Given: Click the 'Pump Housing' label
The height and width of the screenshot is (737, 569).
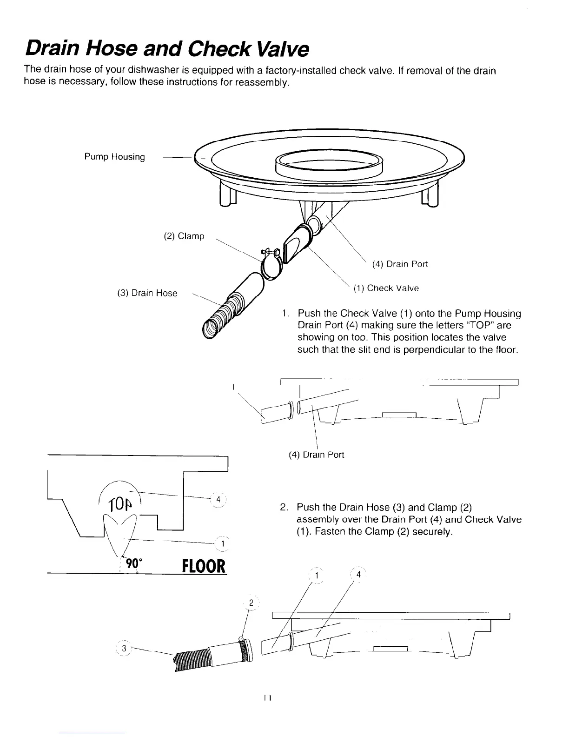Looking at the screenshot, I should [114, 157].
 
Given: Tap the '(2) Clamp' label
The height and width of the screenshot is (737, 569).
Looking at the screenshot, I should [184, 236].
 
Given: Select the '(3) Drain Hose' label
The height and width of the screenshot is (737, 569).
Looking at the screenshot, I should [146, 293].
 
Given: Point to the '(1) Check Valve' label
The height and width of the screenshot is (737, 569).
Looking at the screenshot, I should [386, 288].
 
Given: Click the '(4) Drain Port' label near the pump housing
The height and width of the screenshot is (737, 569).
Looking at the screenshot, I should [400, 264].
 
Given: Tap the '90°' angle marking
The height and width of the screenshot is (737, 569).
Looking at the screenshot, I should [134, 563].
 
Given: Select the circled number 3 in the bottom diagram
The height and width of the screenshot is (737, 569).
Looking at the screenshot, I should [124, 648].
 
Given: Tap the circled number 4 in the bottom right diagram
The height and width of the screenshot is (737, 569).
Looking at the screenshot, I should [358, 575].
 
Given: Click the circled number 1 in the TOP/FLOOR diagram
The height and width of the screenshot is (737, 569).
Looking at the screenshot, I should [223, 543].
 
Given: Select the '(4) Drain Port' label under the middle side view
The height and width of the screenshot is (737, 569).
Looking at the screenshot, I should [316, 455].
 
